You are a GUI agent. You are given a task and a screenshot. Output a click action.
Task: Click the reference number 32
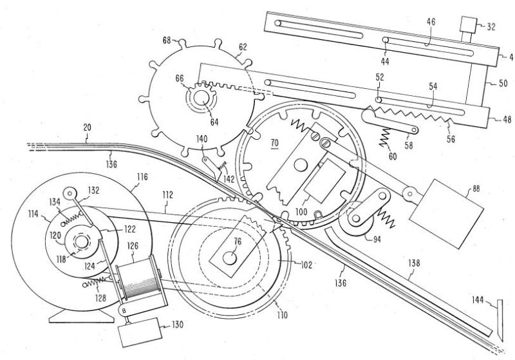click(x=491, y=26)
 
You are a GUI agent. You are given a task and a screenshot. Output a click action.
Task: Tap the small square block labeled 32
click(x=469, y=24)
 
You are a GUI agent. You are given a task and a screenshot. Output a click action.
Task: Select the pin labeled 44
click(x=386, y=41)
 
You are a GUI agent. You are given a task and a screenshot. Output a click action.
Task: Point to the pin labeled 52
click(x=379, y=100)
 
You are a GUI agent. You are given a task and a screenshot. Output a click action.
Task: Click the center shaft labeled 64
click(x=201, y=98)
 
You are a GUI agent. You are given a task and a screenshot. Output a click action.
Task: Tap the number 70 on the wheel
click(x=274, y=143)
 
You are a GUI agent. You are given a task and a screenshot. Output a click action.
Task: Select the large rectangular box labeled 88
click(x=446, y=214)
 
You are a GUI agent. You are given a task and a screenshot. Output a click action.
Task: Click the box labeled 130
click(x=141, y=332)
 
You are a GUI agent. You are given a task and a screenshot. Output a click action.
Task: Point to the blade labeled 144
click(x=500, y=320)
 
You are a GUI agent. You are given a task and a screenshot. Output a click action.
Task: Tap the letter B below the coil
click(x=124, y=310)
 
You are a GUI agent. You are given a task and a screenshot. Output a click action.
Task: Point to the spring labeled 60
click(x=385, y=138)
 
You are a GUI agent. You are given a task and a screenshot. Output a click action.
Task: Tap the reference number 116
click(x=142, y=177)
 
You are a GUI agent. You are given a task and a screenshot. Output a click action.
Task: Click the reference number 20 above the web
click(x=87, y=128)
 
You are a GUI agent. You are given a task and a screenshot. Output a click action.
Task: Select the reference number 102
click(x=306, y=265)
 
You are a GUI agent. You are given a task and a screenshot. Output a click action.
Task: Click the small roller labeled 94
click(x=356, y=219)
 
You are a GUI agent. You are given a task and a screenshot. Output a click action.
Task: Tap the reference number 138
click(x=414, y=263)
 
